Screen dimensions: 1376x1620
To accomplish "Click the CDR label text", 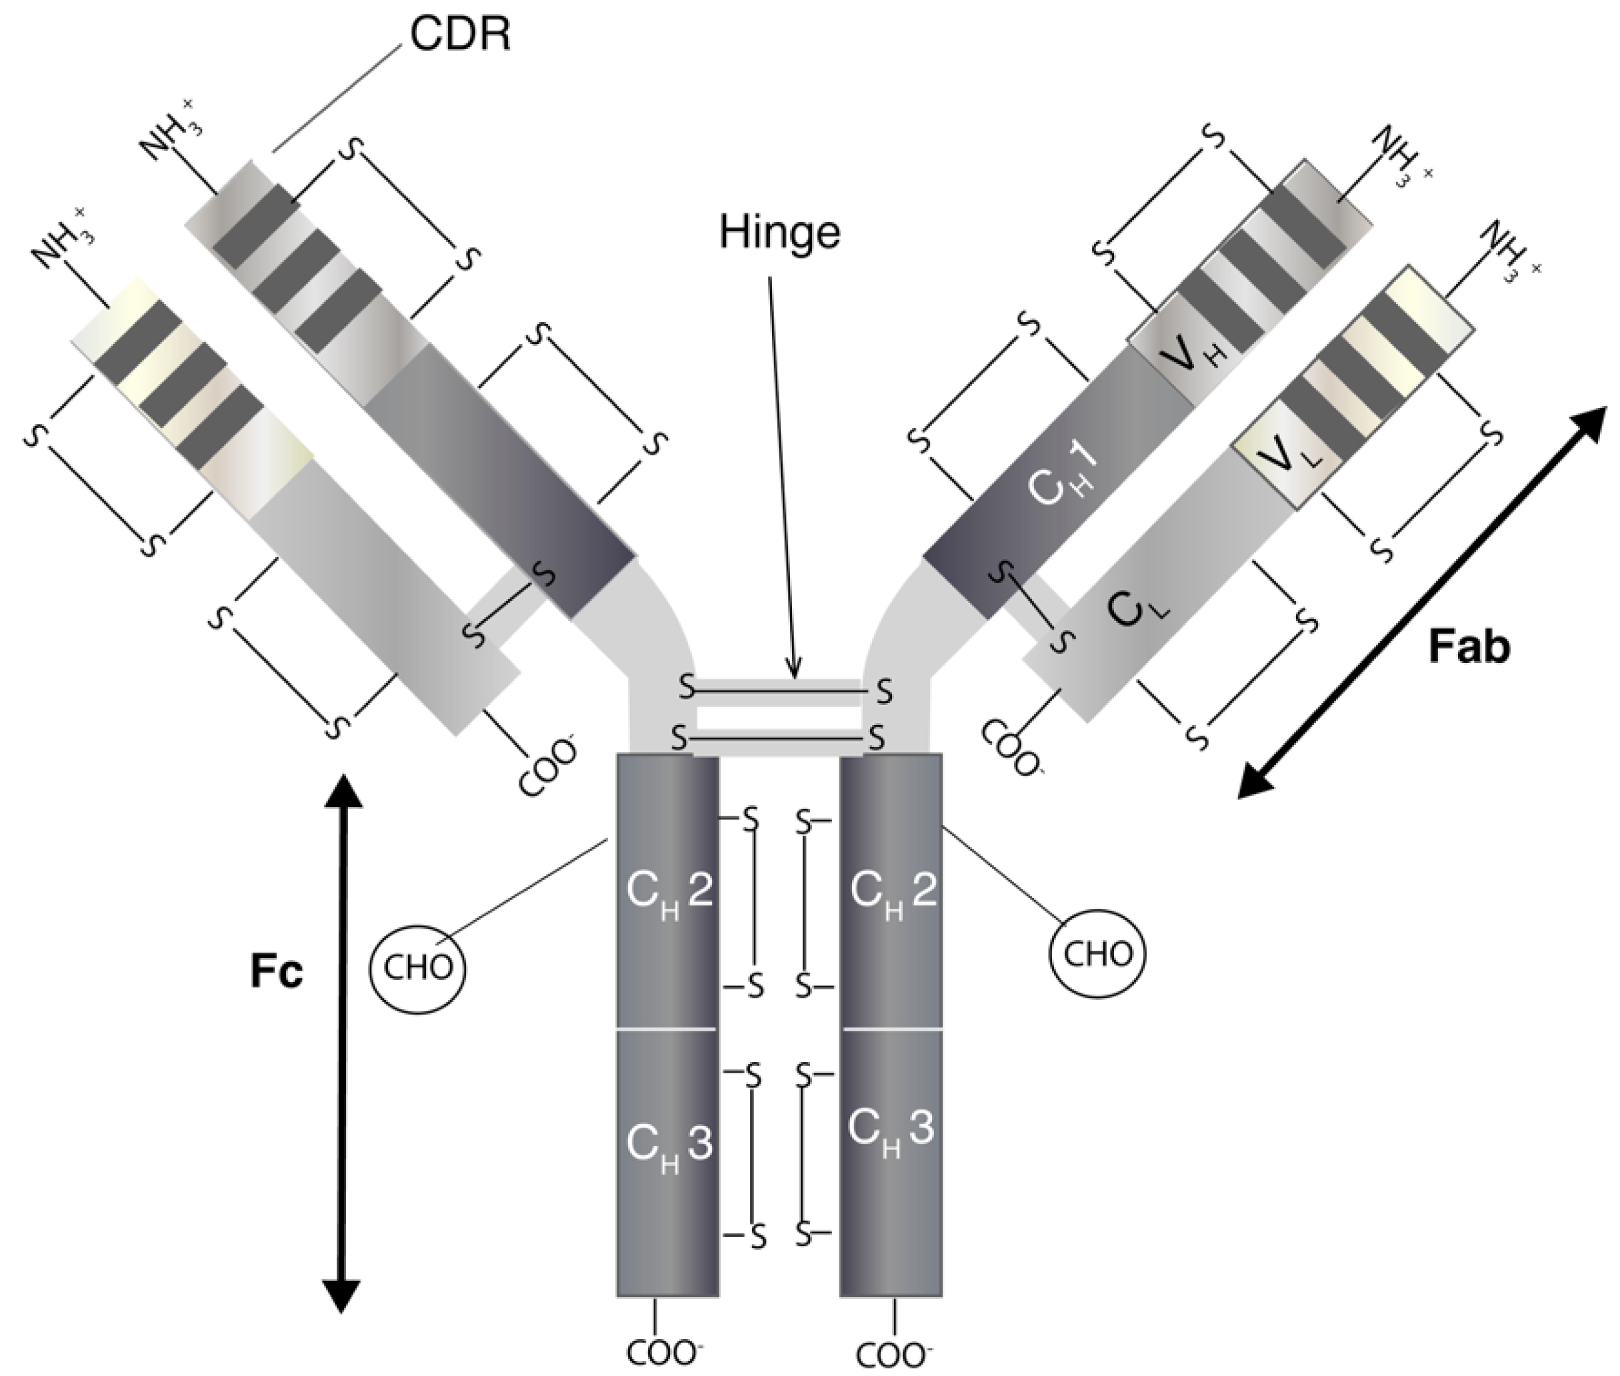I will [460, 36].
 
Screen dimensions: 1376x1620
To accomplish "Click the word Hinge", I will [779, 233].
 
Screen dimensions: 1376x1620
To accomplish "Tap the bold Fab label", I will [1469, 647].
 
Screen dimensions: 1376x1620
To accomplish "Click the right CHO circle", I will [1098, 954].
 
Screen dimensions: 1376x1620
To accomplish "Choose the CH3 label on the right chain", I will [891, 1130].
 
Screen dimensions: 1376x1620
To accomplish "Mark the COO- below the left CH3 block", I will [661, 1353].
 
